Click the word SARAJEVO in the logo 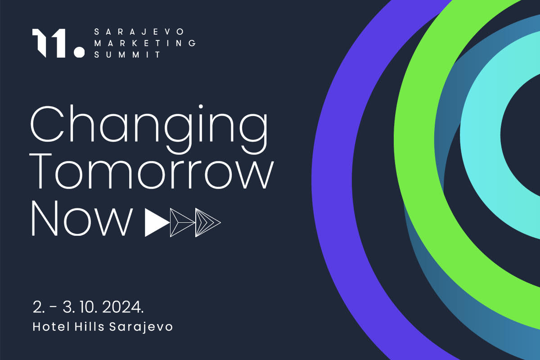[139, 31]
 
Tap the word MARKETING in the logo [145, 43]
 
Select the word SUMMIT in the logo [127, 55]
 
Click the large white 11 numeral [49, 43]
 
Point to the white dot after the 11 [79, 52]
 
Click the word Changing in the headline [149, 129]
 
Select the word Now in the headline [82, 218]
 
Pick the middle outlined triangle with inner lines [182, 223]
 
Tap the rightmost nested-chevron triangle [207, 223]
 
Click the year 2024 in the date [123, 307]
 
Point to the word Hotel [51, 327]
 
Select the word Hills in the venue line [89, 327]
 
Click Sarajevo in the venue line [141, 328]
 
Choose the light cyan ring [480, 135]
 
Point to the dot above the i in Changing [201, 107]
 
